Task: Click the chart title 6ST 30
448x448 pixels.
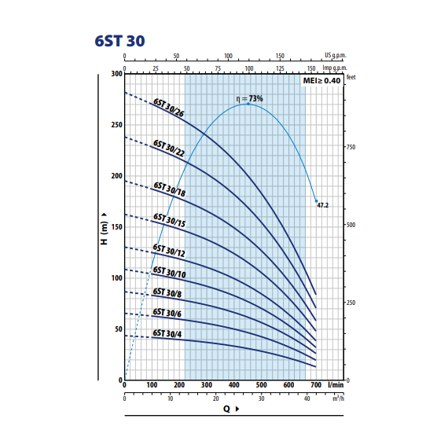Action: pyautogui.click(x=119, y=41)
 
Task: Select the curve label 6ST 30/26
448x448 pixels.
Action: pyautogui.click(x=168, y=108)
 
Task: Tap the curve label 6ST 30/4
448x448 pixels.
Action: pyautogui.click(x=167, y=333)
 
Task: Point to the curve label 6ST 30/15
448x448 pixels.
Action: pyautogui.click(x=170, y=220)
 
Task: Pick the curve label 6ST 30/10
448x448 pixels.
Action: pyautogui.click(x=169, y=272)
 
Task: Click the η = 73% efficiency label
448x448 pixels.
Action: pyautogui.click(x=249, y=98)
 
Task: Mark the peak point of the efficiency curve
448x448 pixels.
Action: pyautogui.click(x=248, y=104)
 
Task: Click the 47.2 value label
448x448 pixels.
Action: pyautogui.click(x=323, y=205)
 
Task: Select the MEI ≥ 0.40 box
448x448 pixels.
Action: pyautogui.click(x=321, y=81)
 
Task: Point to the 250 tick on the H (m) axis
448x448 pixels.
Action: pyautogui.click(x=116, y=125)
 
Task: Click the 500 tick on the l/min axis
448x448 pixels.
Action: pyautogui.click(x=261, y=385)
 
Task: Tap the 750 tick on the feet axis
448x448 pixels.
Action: pyautogui.click(x=351, y=147)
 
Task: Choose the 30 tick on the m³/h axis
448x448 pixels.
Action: pyautogui.click(x=262, y=398)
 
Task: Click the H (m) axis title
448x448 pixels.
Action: pyautogui.click(x=105, y=229)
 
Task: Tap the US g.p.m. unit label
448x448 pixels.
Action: pyautogui.click(x=335, y=55)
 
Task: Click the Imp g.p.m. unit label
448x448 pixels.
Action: pyautogui.click(x=335, y=68)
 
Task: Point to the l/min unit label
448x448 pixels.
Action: pyautogui.click(x=336, y=385)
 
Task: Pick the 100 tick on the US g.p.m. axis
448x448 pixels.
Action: pyautogui.click(x=228, y=56)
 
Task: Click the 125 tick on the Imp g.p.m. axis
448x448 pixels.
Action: pyautogui.click(x=280, y=68)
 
